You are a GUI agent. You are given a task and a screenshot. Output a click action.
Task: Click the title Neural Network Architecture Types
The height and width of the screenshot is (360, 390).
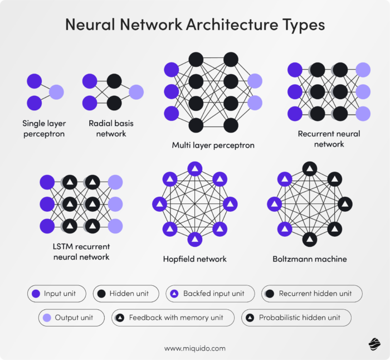click(195, 25)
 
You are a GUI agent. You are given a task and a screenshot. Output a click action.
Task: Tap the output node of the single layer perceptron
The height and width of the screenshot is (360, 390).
click(56, 92)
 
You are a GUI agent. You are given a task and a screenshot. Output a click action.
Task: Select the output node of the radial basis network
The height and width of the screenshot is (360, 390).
click(136, 92)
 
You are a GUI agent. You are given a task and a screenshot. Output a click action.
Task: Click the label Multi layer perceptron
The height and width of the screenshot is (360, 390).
click(213, 145)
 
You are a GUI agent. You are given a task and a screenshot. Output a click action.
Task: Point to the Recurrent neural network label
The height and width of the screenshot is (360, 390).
click(329, 139)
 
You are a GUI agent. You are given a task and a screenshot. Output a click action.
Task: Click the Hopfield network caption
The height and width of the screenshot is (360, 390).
click(195, 259)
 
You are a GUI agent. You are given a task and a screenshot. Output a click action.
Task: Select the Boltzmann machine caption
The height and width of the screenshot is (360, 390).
click(310, 259)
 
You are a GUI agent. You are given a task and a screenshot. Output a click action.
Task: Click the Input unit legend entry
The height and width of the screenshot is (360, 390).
click(57, 294)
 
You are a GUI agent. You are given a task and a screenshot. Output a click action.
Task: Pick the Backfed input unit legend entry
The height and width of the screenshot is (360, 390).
click(210, 294)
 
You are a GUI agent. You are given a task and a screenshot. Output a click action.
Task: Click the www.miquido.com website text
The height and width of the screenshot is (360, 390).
click(195, 348)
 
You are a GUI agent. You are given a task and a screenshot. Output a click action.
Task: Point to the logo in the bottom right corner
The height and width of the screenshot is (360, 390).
click(374, 344)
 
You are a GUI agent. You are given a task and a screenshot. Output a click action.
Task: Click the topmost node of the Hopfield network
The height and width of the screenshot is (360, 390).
click(195, 168)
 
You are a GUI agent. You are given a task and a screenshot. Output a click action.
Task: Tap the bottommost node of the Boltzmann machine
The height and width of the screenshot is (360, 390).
click(310, 240)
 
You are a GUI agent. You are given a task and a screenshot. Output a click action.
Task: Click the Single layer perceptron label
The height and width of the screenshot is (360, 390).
click(44, 129)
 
